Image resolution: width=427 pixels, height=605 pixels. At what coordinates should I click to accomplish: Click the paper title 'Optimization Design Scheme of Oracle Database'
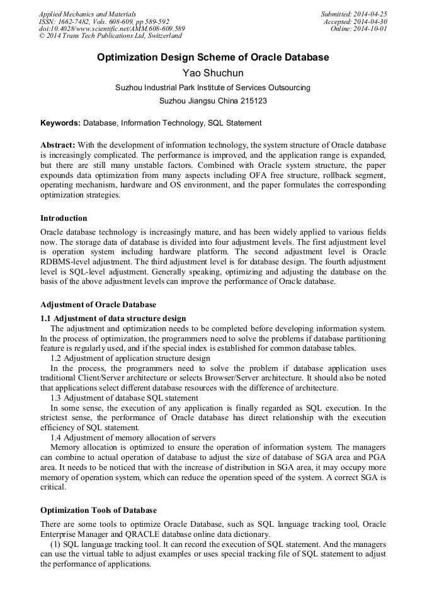tap(213, 57)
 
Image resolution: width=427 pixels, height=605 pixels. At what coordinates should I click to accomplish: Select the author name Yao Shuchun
tap(213, 73)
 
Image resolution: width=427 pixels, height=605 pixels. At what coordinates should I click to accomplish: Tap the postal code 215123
tap(251, 101)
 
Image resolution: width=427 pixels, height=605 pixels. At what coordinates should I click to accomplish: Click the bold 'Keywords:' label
tap(60, 123)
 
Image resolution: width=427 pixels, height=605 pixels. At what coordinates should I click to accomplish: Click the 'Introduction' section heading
tap(64, 218)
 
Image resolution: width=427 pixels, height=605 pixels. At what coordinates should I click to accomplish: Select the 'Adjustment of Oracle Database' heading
tap(98, 305)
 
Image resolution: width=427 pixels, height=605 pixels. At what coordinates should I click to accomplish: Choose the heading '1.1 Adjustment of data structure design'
tap(113, 318)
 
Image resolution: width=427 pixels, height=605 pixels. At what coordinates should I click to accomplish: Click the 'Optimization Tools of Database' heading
tap(99, 510)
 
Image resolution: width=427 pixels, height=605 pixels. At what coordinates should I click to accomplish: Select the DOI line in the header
tap(112, 29)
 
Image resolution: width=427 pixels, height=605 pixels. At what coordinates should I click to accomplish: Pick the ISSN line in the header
tap(104, 21)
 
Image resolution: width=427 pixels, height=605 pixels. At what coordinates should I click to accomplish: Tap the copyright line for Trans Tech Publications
tap(110, 37)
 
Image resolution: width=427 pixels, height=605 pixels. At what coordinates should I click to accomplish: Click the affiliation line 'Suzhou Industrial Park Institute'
tap(213, 88)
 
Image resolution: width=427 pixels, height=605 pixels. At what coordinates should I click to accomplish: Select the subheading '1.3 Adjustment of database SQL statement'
tap(124, 398)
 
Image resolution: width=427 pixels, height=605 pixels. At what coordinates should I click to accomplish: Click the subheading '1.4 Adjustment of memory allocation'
tap(133, 437)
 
